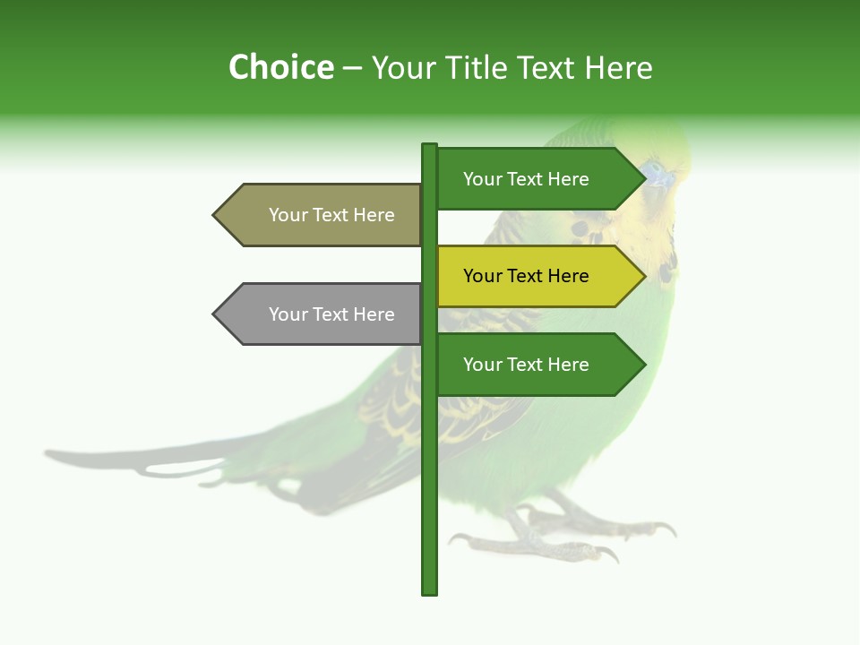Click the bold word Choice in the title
tap(280, 67)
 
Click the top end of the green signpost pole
tap(430, 146)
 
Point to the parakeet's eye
tap(651, 167)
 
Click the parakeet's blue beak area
tap(660, 179)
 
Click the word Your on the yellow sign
tap(483, 276)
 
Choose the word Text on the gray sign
tap(332, 314)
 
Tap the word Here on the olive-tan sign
tap(374, 215)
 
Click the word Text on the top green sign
tap(527, 179)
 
